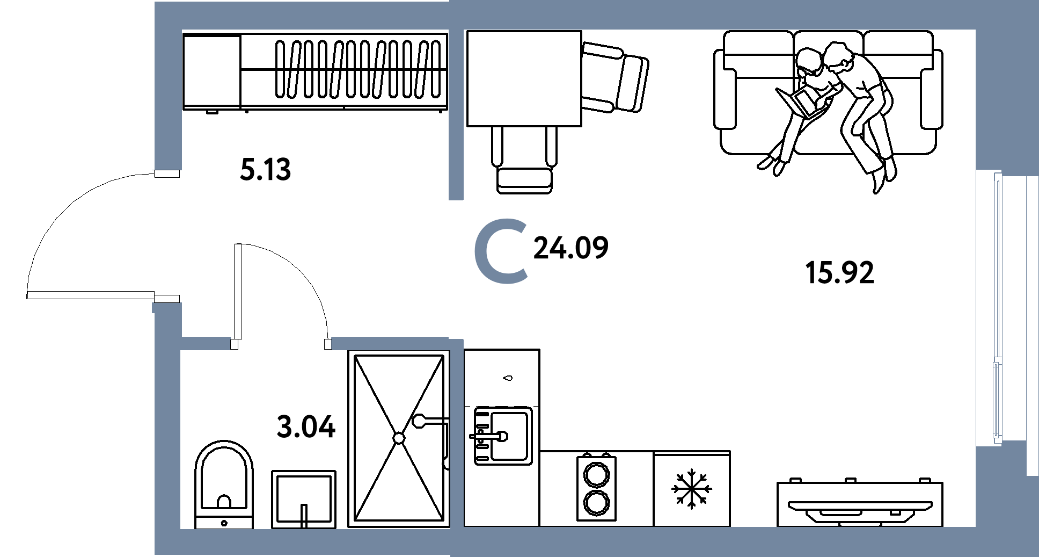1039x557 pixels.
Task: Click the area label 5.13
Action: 265,169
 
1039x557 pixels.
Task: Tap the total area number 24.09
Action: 570,248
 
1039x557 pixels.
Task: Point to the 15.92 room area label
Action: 839,272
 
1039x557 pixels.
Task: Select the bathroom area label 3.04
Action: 306,427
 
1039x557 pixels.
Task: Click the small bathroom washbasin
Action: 304,499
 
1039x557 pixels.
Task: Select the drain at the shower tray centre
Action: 399,438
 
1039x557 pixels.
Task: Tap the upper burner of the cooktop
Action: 596,475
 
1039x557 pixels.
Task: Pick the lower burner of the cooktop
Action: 596,502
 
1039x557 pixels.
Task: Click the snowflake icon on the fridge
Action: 691,489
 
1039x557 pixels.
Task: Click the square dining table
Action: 524,78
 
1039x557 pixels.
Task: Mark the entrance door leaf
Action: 91,295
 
